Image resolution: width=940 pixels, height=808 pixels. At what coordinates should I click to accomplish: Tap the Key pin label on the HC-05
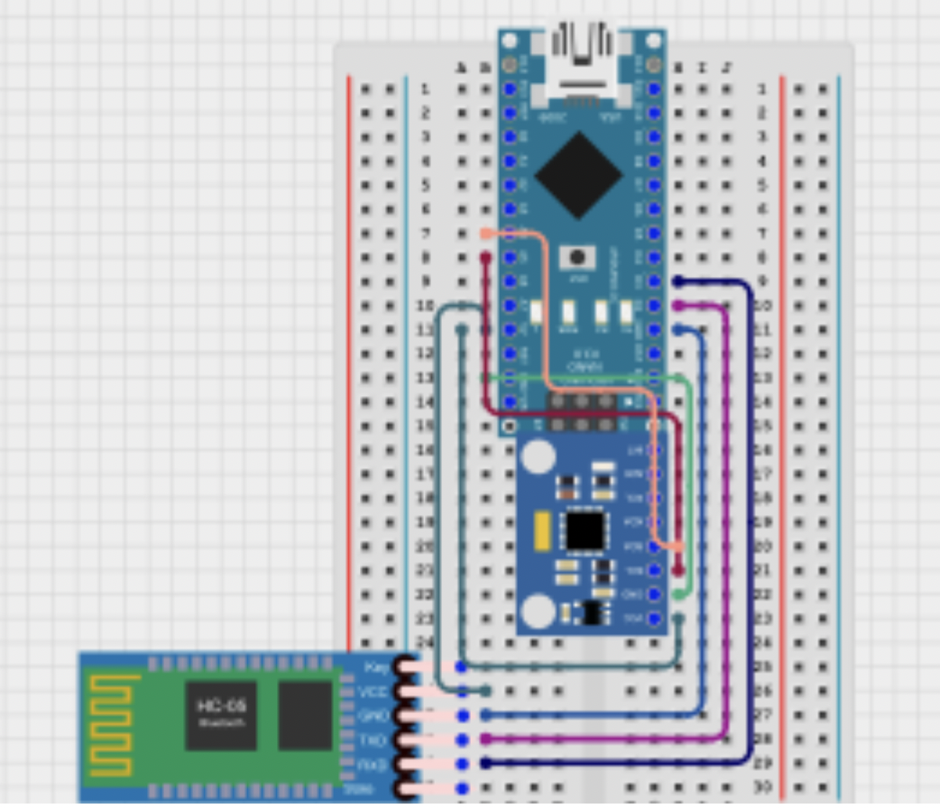coord(376,667)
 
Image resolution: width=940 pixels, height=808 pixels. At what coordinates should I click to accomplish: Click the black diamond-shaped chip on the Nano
coord(578,175)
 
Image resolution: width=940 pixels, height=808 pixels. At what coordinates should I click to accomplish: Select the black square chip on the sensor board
coord(585,529)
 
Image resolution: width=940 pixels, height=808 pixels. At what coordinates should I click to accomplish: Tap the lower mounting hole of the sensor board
coord(539,611)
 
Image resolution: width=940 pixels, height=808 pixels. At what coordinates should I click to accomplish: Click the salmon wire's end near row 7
coord(486,234)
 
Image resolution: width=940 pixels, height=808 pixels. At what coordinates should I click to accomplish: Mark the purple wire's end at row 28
coord(486,739)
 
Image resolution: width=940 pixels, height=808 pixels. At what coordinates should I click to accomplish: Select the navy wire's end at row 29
coord(486,764)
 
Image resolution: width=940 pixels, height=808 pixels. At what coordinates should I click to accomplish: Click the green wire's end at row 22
coord(678,595)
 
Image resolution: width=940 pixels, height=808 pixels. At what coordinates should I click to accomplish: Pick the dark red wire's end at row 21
coord(678,571)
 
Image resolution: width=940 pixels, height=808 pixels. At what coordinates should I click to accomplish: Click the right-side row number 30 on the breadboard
coord(762,788)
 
